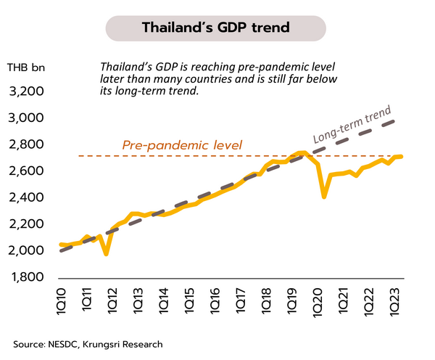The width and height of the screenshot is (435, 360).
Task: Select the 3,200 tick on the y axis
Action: (x=26, y=92)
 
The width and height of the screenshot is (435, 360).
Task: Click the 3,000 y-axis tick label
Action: (x=26, y=118)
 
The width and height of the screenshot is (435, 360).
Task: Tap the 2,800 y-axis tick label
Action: (x=26, y=145)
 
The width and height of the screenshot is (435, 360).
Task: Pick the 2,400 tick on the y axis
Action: (x=26, y=198)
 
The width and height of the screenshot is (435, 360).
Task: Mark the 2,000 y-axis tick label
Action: (x=26, y=251)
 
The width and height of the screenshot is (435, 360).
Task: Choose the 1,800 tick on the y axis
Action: (x=26, y=277)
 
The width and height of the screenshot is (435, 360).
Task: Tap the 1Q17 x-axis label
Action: (x=242, y=300)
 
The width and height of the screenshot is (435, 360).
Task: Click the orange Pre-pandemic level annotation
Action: (x=182, y=145)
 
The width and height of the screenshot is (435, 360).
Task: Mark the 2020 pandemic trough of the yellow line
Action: (x=324, y=197)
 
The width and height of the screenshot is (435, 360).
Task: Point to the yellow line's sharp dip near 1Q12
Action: (x=107, y=254)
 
